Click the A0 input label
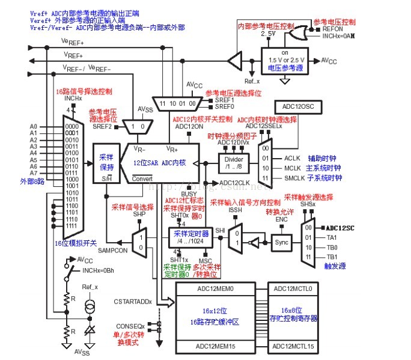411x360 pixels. click(33, 126)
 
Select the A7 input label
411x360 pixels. click(33, 172)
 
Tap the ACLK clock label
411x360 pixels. click(293, 157)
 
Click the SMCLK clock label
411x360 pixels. click(294, 178)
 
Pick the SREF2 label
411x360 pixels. click(102, 126)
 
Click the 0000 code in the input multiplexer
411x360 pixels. click(72, 126)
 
